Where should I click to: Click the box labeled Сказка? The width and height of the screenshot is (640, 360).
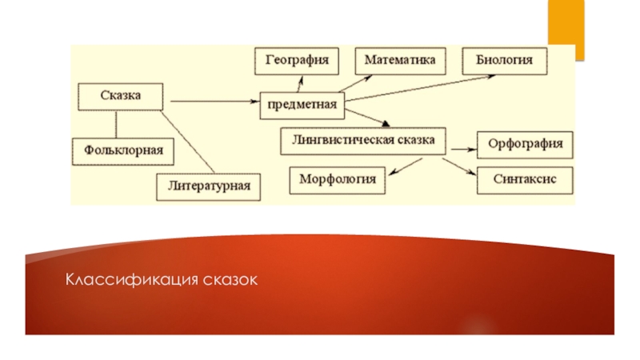(x=121, y=97)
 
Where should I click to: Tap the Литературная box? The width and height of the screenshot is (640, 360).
(x=209, y=186)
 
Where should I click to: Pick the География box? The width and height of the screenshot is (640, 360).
(x=296, y=61)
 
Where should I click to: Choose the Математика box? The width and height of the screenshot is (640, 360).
(x=400, y=61)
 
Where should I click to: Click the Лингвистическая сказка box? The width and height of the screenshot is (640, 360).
(x=363, y=141)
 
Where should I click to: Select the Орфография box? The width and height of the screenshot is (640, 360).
(x=525, y=145)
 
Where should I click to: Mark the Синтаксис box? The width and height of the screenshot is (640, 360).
(x=525, y=180)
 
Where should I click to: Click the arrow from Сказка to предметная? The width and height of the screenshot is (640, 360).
(x=212, y=102)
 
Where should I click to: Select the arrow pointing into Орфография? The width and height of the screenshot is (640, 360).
(x=459, y=148)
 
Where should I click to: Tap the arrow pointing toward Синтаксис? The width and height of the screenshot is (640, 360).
(x=456, y=166)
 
